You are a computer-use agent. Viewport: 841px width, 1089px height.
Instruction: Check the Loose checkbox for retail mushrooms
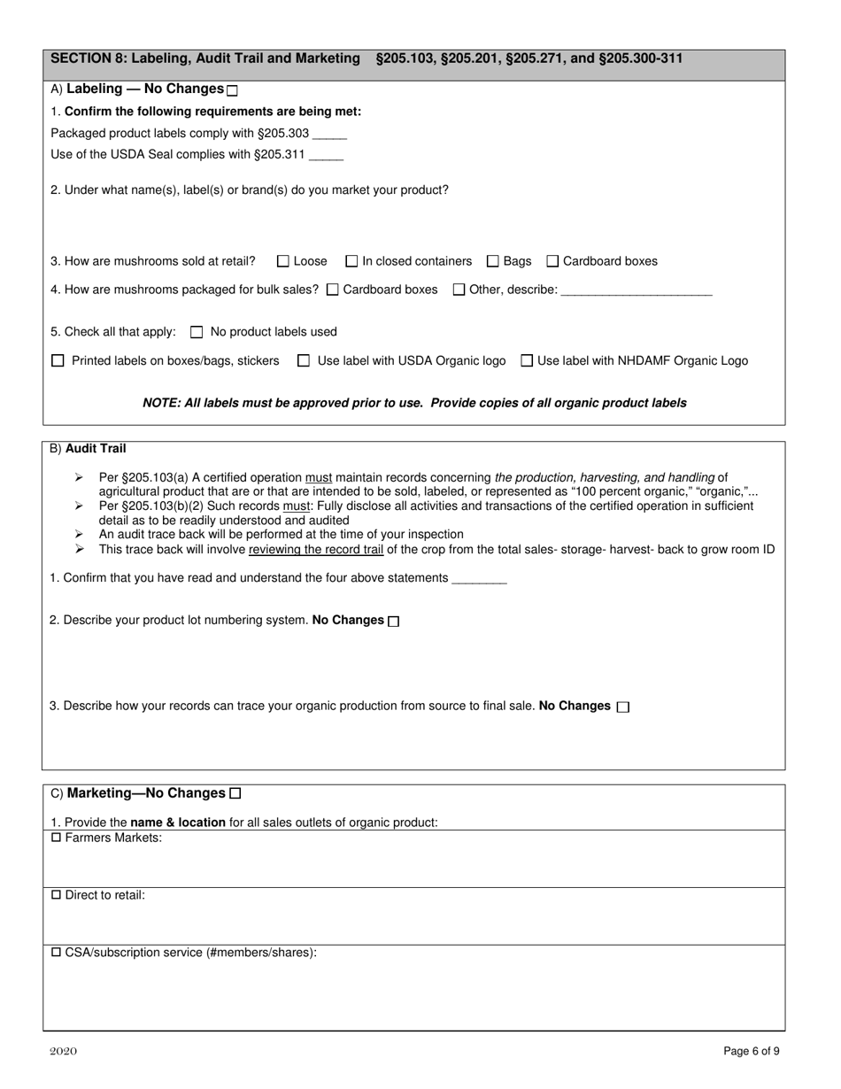click(x=283, y=261)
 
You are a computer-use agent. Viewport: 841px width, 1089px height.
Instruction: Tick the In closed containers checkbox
click(x=351, y=261)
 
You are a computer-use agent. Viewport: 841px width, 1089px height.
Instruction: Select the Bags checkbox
click(x=493, y=261)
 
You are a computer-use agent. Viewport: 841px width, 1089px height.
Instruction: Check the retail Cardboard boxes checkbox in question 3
click(x=552, y=261)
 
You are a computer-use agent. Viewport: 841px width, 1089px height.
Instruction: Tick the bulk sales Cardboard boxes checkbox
click(x=333, y=290)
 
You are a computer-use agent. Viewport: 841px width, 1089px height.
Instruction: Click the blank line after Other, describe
click(x=637, y=290)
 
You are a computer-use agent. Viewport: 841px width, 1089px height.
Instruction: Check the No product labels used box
click(x=197, y=333)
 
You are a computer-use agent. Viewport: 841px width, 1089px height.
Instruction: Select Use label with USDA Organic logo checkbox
click(x=304, y=361)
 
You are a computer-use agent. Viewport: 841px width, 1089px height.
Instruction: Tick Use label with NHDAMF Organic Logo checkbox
click(x=527, y=361)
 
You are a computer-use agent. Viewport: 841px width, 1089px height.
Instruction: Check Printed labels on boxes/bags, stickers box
click(x=58, y=361)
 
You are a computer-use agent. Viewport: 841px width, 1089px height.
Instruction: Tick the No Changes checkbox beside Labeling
click(x=233, y=90)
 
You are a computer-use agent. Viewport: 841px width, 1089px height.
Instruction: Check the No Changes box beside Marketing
click(x=235, y=793)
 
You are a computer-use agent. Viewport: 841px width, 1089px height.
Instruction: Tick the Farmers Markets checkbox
click(x=57, y=838)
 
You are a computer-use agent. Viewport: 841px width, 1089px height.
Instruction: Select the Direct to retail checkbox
click(x=57, y=895)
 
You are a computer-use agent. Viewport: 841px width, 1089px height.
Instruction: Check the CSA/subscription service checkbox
click(x=57, y=953)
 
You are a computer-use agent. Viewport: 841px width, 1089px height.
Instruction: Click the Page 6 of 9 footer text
click(x=752, y=1052)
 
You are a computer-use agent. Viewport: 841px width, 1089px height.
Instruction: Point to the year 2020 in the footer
click(x=63, y=1052)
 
